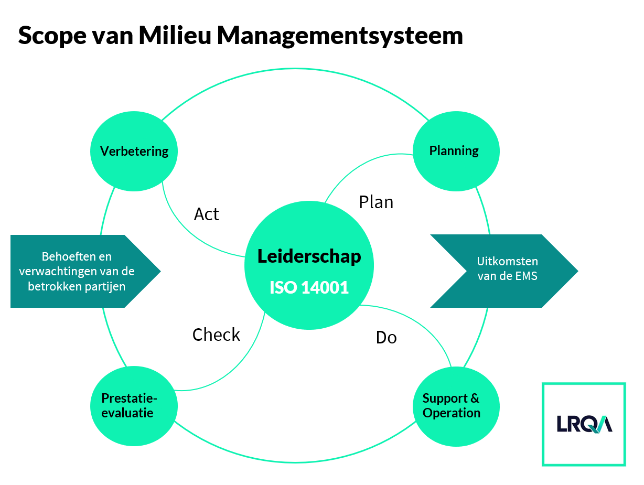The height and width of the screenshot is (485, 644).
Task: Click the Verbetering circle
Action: click(x=134, y=151)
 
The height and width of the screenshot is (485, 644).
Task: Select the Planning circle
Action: click(x=456, y=151)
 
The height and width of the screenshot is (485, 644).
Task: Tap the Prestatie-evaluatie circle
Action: click(x=134, y=406)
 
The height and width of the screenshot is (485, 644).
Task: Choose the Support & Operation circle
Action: click(x=456, y=406)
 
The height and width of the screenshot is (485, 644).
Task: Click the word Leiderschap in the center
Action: click(x=309, y=256)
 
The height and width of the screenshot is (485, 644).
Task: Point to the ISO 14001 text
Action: click(x=309, y=287)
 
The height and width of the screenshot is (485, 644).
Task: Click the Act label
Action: click(x=206, y=214)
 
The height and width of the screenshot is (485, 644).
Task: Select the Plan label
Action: click(x=376, y=202)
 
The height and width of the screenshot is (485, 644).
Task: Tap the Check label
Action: click(x=216, y=335)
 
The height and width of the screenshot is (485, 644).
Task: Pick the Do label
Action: click(x=386, y=337)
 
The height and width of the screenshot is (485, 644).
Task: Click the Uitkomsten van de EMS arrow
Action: click(x=504, y=271)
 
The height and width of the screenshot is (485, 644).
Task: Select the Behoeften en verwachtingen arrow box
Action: click(x=85, y=271)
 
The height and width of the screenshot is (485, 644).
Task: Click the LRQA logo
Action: click(x=584, y=424)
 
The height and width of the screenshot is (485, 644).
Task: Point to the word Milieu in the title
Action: click(x=175, y=35)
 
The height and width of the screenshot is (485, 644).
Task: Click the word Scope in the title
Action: click(x=52, y=36)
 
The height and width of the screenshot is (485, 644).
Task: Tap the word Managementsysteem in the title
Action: click(x=340, y=36)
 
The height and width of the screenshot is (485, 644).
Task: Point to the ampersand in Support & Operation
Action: click(x=475, y=398)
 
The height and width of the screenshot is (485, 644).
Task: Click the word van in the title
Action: click(x=113, y=38)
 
